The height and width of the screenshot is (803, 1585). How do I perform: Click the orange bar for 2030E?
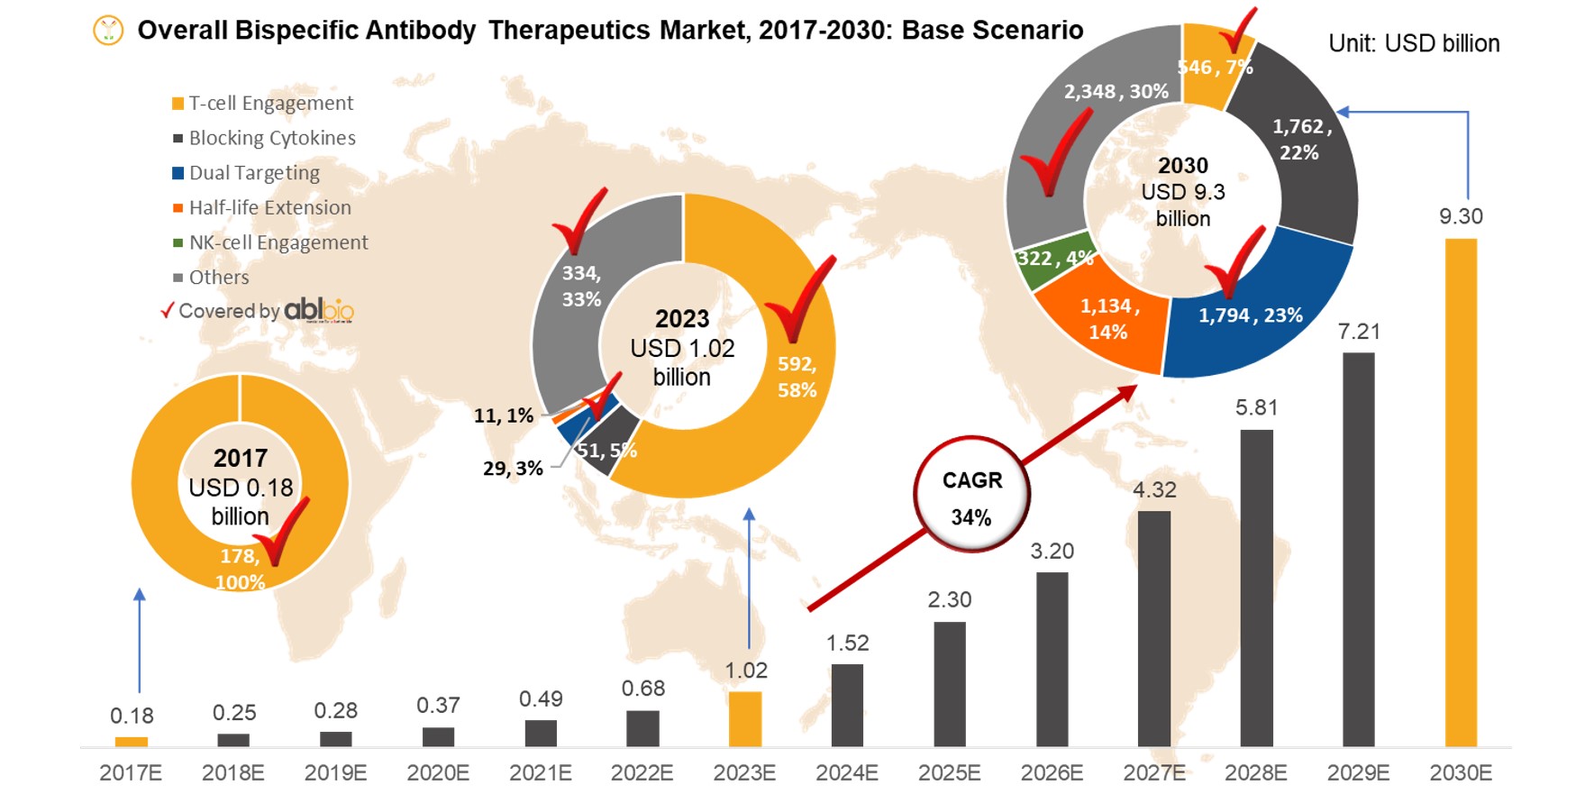tap(1461, 492)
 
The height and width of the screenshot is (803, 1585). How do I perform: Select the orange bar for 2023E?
tap(745, 718)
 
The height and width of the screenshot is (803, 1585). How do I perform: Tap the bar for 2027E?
tap(1154, 628)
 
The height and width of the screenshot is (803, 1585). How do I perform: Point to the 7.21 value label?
tap(1359, 332)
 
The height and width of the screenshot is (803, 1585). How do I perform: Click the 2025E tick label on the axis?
tap(949, 773)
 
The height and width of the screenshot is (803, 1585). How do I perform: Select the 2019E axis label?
tap(335, 773)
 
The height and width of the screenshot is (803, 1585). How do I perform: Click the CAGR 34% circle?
tap(971, 495)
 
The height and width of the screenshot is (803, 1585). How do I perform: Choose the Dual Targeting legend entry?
tap(253, 173)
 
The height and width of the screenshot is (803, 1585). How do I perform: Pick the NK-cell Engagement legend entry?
tap(278, 242)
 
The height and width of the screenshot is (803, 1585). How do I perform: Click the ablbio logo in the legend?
tap(319, 310)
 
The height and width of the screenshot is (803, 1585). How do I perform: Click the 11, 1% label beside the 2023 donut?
tap(503, 415)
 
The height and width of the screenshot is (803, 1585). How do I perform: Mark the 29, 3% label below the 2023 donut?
tap(513, 469)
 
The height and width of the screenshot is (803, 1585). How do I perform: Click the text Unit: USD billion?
tap(1414, 43)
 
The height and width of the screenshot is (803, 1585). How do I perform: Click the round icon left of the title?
tap(108, 32)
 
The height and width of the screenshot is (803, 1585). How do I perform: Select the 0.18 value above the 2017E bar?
tap(132, 716)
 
